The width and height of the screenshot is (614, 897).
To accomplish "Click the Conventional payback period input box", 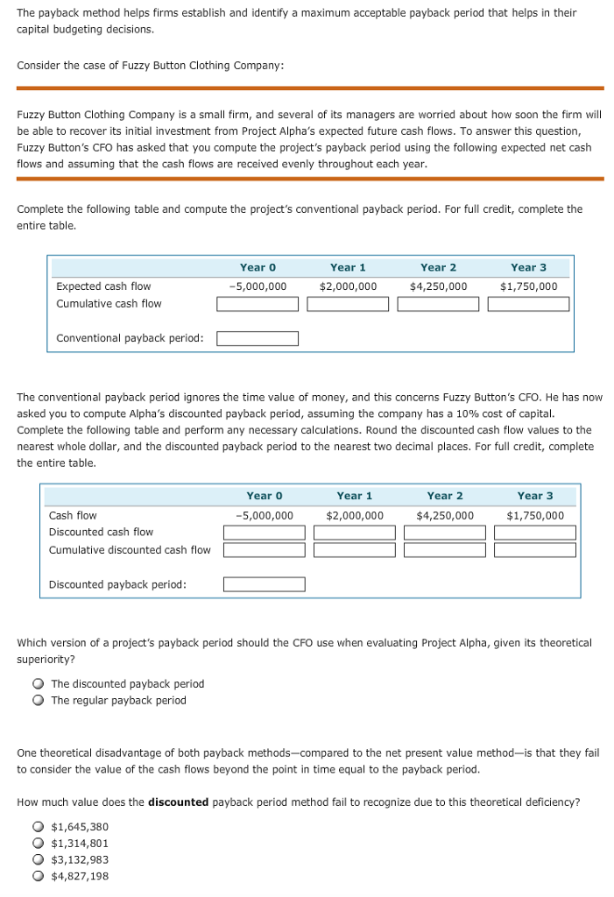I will coord(258,338).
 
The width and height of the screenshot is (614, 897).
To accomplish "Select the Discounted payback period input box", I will coord(264,584).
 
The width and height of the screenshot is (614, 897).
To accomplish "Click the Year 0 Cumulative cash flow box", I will coord(258,304).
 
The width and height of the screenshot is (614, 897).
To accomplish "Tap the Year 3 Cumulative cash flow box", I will coord(528,304).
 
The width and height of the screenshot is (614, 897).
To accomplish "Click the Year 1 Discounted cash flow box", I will coord(354,533).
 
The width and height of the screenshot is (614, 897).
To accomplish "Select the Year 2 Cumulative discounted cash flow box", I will coord(444,550).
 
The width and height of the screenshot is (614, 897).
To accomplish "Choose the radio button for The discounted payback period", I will coord(39,684).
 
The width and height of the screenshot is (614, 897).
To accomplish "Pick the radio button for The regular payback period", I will coord(39,701).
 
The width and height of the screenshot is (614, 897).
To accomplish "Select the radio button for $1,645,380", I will coord(39,827).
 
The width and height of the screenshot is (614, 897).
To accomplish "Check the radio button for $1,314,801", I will coord(39,844).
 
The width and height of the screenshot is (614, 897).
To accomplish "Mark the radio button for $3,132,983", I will coord(39,860).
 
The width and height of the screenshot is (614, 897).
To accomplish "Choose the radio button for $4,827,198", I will coord(39,876).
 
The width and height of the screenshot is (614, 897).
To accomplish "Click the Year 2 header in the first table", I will coord(438,267).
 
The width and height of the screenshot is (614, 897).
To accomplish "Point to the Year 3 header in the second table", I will coord(534,496).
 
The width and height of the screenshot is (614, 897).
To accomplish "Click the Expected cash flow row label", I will coord(103,286).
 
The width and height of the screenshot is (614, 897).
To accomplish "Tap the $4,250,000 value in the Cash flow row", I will coord(444,515).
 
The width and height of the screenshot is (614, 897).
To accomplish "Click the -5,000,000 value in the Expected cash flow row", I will coord(258,286).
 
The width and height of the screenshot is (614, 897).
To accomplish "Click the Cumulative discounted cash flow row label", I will coord(130,550).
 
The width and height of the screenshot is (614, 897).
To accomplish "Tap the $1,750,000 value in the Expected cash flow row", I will coord(528,286).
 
